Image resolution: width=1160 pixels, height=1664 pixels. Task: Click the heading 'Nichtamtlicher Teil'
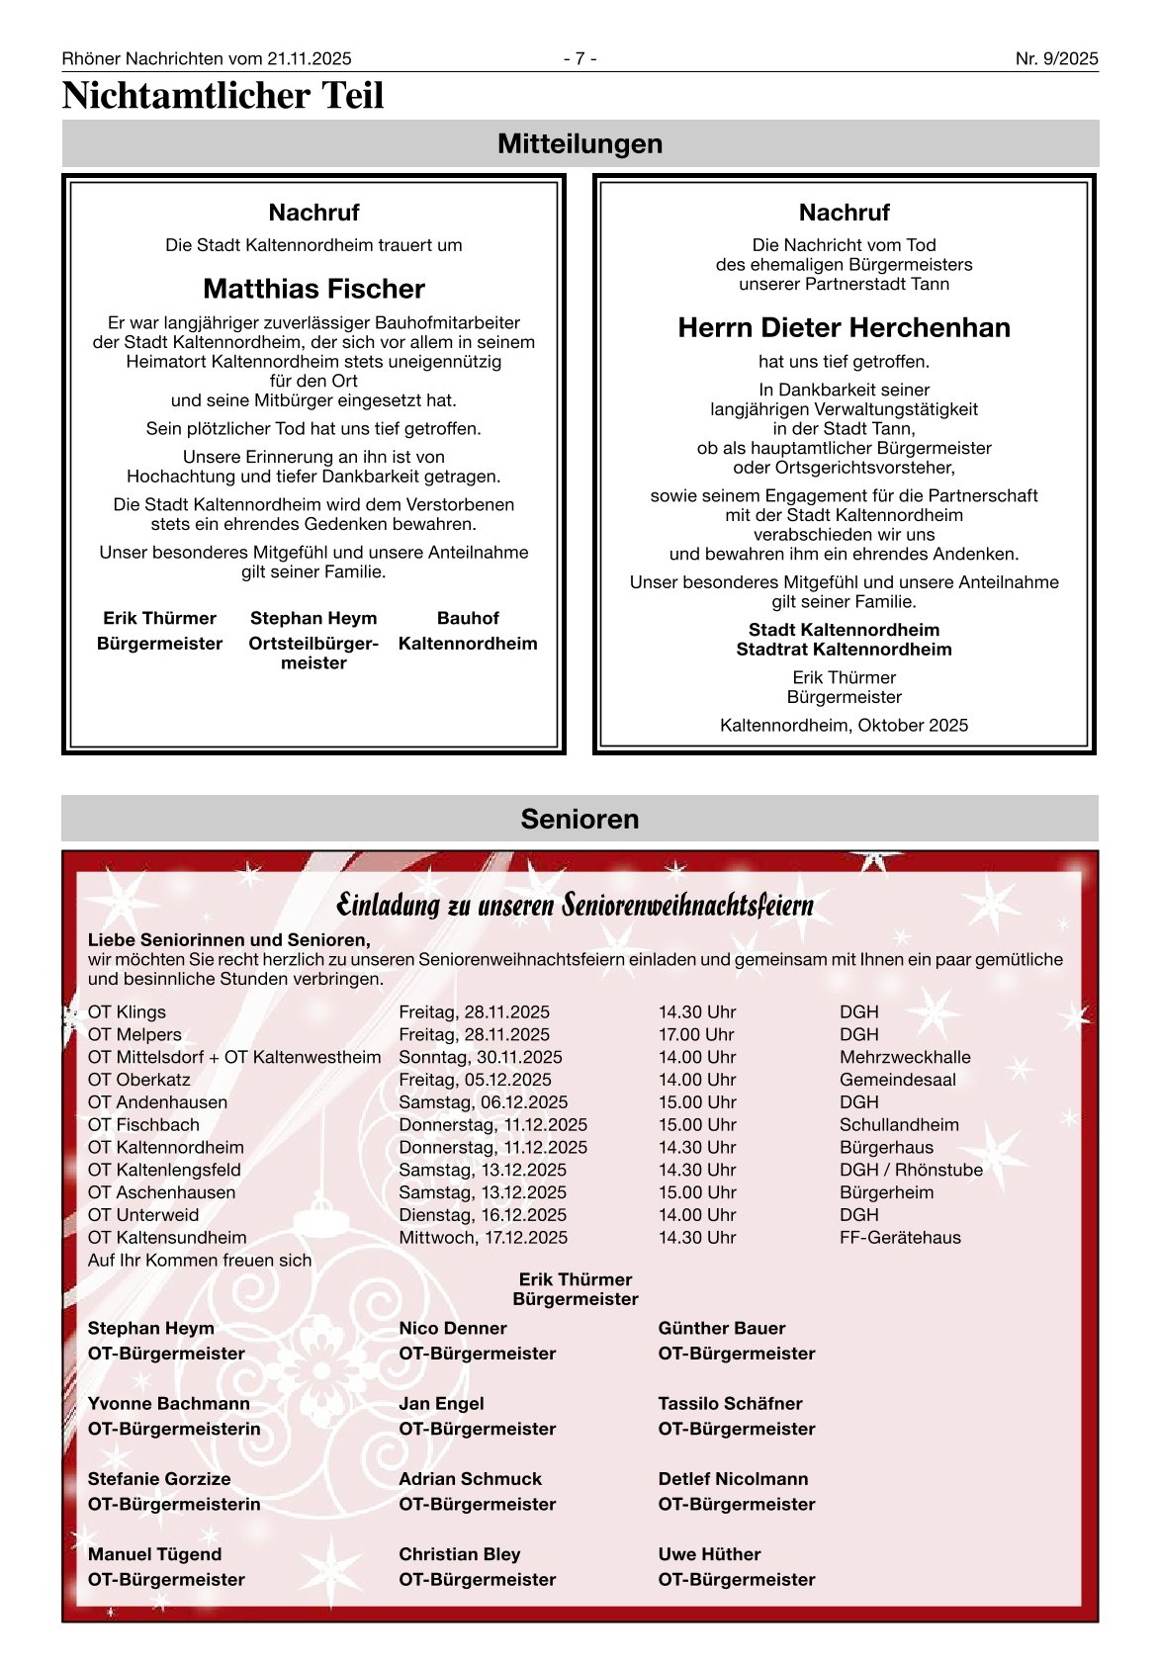tap(223, 96)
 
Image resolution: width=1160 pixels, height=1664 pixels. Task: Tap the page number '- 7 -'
tap(580, 58)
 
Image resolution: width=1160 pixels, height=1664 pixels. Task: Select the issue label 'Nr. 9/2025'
tap(1056, 58)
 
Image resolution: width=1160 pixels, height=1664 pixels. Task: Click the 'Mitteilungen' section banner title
tap(580, 143)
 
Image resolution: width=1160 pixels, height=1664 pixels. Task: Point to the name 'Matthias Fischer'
tap(313, 289)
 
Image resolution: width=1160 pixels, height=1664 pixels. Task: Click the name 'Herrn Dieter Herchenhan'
tap(844, 327)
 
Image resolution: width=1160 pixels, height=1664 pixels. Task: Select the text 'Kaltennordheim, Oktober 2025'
tap(844, 725)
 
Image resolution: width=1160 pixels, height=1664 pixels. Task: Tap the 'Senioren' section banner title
tap(580, 819)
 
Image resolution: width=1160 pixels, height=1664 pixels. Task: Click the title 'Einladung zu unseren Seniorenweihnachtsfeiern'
tap(575, 904)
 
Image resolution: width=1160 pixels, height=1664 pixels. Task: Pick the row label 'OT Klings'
tap(127, 1011)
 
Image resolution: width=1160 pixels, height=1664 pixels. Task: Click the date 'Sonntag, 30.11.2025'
tap(480, 1057)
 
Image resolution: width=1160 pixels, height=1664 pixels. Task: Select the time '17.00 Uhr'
tap(696, 1034)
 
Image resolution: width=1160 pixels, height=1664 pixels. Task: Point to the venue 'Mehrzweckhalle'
tap(905, 1057)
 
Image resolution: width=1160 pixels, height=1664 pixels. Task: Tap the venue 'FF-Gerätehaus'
tap(900, 1237)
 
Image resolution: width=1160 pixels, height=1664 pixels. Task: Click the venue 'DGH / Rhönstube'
tap(911, 1170)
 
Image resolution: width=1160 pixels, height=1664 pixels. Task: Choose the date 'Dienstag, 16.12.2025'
tap(483, 1214)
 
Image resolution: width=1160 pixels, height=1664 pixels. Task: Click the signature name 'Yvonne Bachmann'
tap(169, 1403)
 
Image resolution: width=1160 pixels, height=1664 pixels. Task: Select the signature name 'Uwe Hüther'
tap(709, 1553)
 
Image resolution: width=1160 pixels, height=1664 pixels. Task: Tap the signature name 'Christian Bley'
tap(459, 1553)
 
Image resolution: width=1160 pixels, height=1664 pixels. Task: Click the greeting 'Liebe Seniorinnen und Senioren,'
tap(229, 939)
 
